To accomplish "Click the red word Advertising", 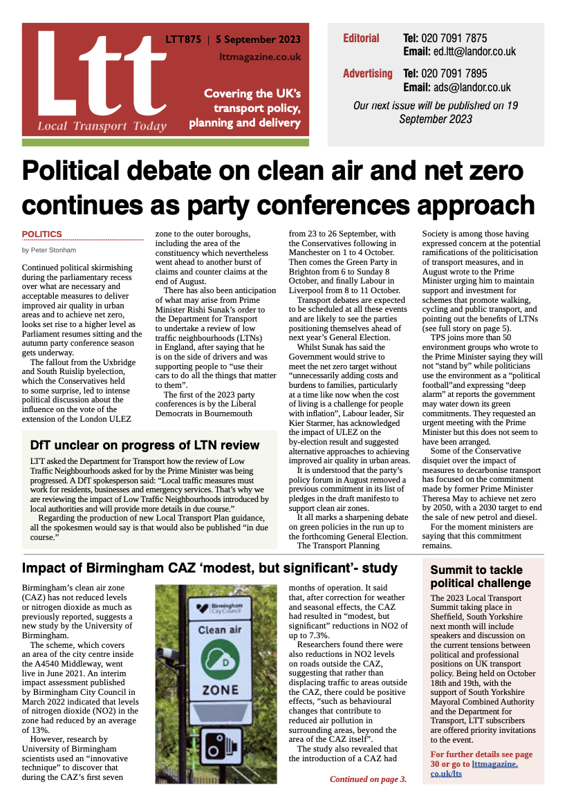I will point(367,73).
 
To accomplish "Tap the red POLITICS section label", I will point(42,234).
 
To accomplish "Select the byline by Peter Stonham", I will point(50,250).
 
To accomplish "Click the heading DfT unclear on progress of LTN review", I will point(145,445).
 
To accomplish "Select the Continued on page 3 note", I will point(368,779).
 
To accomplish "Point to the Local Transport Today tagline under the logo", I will point(102,126).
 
